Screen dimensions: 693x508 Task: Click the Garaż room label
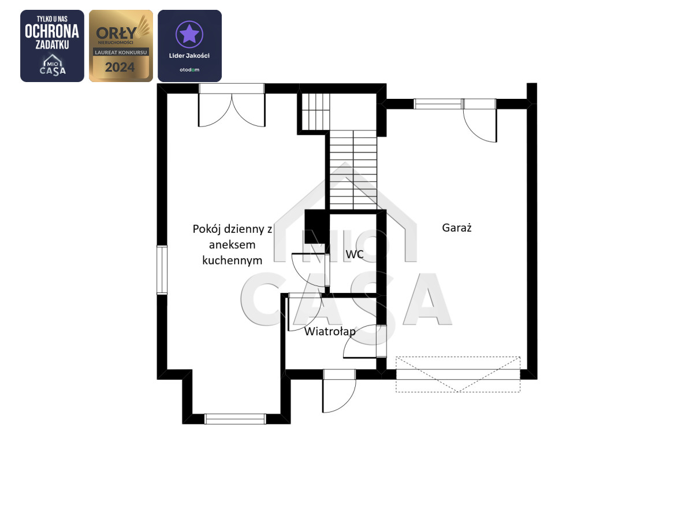pos(457,228)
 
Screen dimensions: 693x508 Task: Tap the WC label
pos(355,254)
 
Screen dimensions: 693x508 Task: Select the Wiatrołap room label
pos(330,332)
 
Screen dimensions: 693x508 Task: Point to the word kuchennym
pos(232,260)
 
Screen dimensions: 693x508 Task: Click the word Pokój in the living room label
pos(207,229)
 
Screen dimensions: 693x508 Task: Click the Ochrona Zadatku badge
pos(52,46)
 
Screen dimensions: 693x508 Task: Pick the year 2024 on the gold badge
pos(120,67)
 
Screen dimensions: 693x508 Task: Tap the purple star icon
pos(189,34)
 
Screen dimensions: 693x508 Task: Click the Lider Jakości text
pos(189,55)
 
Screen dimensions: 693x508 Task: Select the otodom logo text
pos(189,70)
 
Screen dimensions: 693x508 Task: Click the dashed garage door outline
pos(458,374)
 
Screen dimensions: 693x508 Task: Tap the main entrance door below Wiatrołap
pos(339,391)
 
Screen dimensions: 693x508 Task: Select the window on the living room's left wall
pos(162,270)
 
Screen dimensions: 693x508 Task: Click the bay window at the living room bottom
pos(235,419)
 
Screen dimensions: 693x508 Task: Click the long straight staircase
pos(353,170)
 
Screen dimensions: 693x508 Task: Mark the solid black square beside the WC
pos(317,227)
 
